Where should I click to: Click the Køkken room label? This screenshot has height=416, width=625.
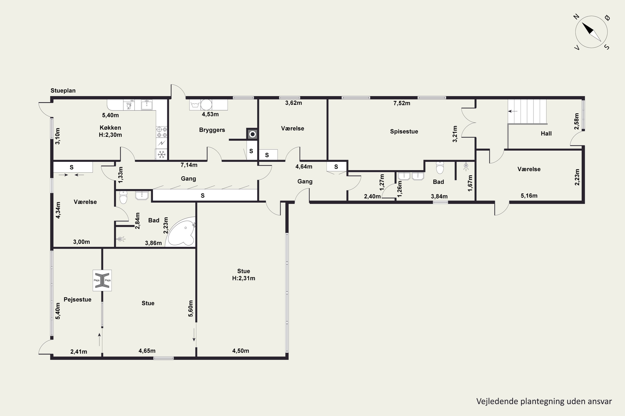pyautogui.click(x=110, y=128)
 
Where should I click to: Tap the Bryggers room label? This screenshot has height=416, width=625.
pyautogui.click(x=212, y=130)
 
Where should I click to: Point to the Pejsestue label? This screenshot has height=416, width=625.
pyautogui.click(x=77, y=300)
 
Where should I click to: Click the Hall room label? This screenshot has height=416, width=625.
pyautogui.click(x=546, y=134)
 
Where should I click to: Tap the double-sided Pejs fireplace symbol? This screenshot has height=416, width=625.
pyautogui.click(x=102, y=280)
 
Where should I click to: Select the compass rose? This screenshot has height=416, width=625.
pyautogui.click(x=591, y=32)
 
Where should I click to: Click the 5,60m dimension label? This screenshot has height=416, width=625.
pyautogui.click(x=191, y=308)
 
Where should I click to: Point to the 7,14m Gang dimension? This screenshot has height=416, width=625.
pyautogui.click(x=189, y=165)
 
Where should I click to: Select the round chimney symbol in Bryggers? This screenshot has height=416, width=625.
pyautogui.click(x=252, y=134)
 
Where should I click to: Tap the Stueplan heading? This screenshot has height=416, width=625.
pyautogui.click(x=63, y=91)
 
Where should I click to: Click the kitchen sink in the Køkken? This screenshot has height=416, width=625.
pyautogui.click(x=146, y=105)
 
